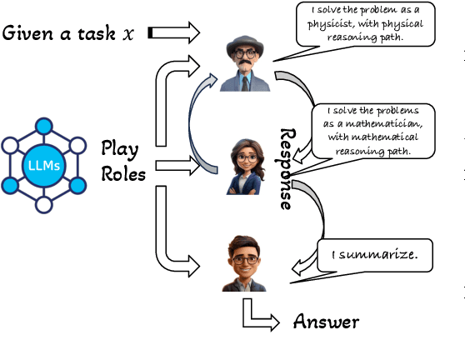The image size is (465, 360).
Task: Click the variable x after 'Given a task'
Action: tap(127, 34)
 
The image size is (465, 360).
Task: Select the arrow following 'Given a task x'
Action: tap(172, 33)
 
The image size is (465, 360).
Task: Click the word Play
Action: tap(119, 148)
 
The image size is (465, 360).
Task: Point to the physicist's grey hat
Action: tap(242, 42)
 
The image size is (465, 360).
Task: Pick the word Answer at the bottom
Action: tap(326, 322)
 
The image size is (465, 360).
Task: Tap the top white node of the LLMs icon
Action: tap(42, 124)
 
